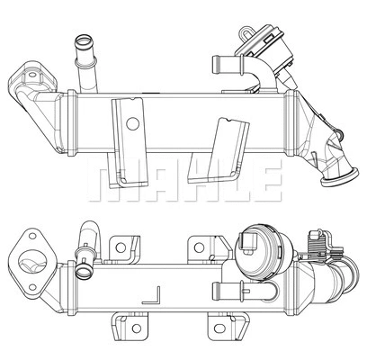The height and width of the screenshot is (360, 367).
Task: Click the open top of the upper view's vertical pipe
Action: (x=84, y=39)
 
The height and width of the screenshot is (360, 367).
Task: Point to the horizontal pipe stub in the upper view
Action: (x=221, y=64)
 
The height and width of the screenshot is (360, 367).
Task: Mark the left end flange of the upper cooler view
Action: (x=27, y=82)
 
